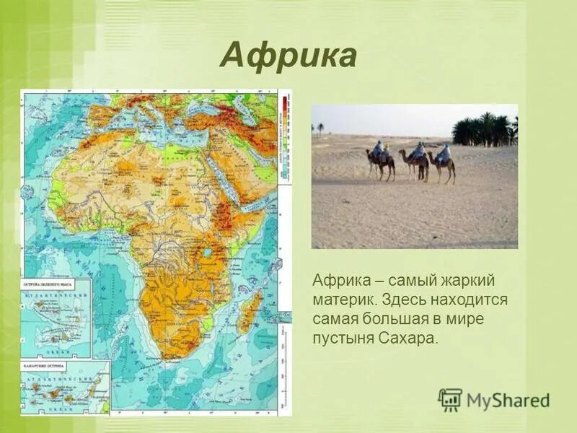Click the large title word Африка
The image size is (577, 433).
coord(288,56)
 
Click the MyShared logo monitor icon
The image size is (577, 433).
coord(450,399)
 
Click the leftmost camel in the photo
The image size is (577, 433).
coord(380,163)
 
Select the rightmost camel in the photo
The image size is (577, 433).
coord(442,165)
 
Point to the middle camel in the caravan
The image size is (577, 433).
coord(415,163)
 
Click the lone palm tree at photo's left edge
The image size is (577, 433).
coord(320,128)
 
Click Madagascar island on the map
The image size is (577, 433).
coord(250,312)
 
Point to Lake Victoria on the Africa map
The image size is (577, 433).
coord(208,253)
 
